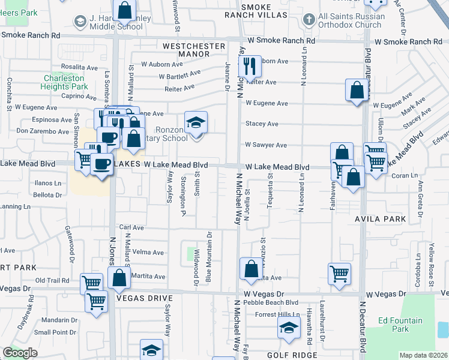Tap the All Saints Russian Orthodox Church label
click(351, 20)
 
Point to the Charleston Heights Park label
click(65, 83)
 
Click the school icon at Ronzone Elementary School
click(196, 124)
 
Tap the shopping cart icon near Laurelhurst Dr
click(339, 274)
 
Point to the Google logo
click(20, 353)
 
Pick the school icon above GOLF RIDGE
click(289, 328)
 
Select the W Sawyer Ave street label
click(266, 145)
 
